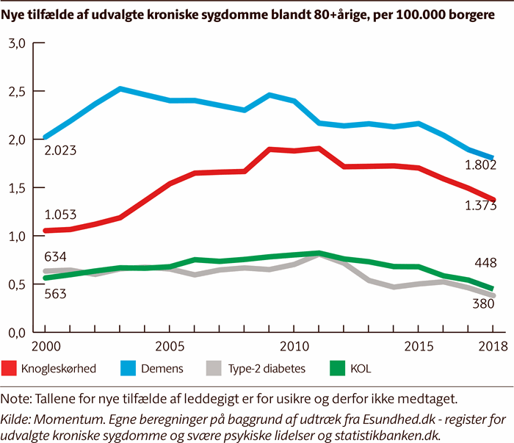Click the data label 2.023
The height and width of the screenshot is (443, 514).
coord(61,151)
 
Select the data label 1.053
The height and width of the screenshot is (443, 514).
coord(61,216)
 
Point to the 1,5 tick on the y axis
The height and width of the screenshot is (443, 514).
coord(17,188)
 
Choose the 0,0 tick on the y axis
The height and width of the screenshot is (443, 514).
coord(17,333)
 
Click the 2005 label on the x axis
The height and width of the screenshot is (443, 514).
coord(170,345)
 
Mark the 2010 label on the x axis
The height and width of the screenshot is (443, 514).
coord(294,345)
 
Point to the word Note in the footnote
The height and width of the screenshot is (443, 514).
coord(17,399)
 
